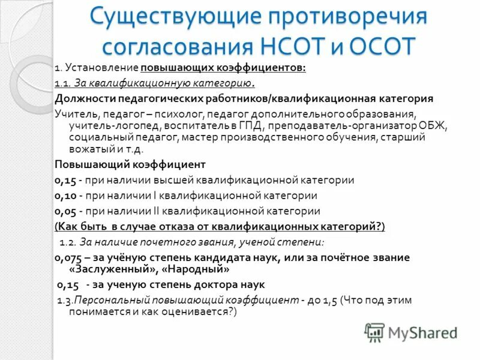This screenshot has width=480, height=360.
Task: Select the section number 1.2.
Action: point(67,242)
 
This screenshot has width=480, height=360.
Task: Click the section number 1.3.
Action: point(64,299)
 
